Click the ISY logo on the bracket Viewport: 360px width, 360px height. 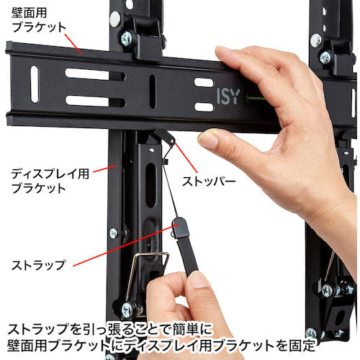[x=228, y=96]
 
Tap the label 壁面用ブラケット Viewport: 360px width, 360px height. [x=38, y=20]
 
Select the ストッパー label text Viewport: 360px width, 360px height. [x=209, y=181]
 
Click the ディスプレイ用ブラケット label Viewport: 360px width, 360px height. [x=50, y=181]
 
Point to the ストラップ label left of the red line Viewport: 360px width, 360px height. [x=38, y=265]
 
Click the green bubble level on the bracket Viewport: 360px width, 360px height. [x=257, y=98]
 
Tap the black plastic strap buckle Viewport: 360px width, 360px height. [x=179, y=228]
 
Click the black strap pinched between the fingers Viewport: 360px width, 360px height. [x=189, y=254]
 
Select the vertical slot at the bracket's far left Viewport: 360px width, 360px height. [x=35, y=84]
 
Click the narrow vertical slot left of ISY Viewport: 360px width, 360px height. [x=153, y=91]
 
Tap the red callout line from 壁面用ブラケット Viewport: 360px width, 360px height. [x=73, y=44]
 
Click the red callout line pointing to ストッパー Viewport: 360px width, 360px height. [x=186, y=158]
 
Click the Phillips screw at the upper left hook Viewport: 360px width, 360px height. [x=127, y=39]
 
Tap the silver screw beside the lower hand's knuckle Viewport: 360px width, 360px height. [x=128, y=310]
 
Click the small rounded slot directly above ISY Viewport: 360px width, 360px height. [x=204, y=82]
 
